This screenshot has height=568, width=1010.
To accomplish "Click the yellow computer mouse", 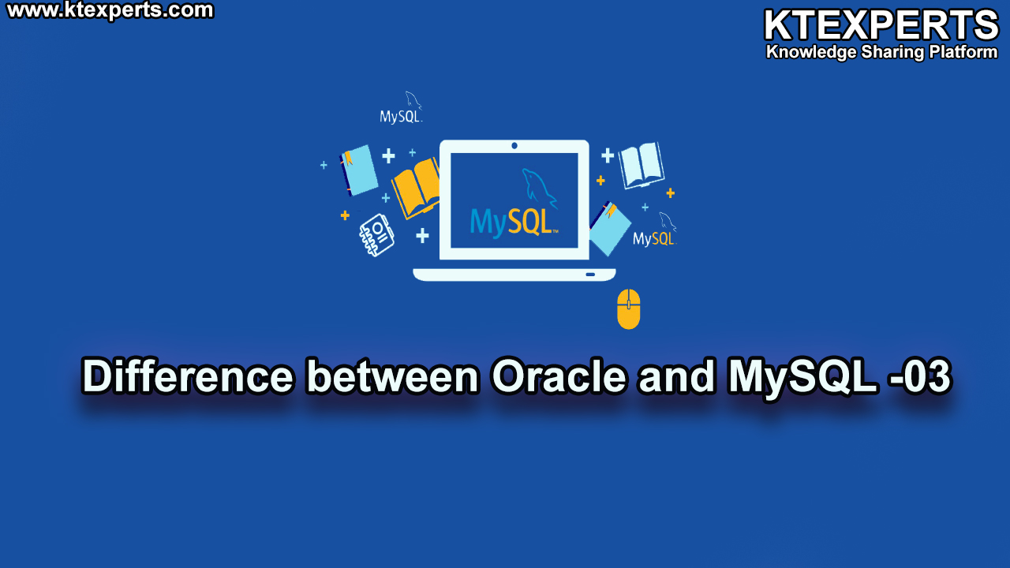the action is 629,309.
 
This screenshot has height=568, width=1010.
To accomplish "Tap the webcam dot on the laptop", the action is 514,146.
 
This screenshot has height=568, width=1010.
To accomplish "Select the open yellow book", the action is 416,188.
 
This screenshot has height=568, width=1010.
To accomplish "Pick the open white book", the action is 642,165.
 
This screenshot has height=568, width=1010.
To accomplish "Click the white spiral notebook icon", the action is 376,235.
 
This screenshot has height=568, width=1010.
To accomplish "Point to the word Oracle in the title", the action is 559,376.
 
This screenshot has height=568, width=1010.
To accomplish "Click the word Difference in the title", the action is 187,376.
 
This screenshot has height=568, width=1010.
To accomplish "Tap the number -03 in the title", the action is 920,376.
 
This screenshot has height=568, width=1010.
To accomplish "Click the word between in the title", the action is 392,376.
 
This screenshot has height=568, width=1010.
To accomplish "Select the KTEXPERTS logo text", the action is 881,25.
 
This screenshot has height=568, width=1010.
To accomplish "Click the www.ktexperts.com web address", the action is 110,10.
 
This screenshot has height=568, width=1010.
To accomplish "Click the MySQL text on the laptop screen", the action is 514,222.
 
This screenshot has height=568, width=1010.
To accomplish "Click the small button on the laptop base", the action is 590,274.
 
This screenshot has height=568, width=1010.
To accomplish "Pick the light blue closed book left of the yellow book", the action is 358,170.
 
